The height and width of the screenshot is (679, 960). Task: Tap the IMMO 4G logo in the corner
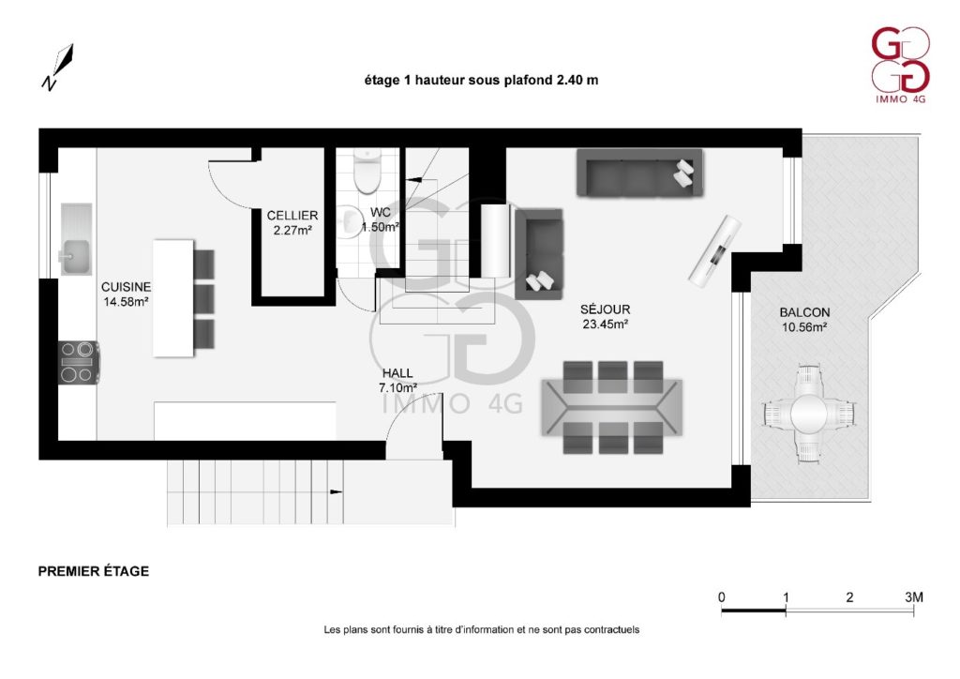click(x=900, y=65)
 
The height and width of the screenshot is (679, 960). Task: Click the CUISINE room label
click(x=127, y=287)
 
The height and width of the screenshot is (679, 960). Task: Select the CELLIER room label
click(x=292, y=216)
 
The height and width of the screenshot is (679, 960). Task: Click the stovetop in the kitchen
click(x=79, y=362)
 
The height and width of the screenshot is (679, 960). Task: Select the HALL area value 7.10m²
click(x=397, y=387)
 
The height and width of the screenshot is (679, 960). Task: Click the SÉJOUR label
click(x=605, y=309)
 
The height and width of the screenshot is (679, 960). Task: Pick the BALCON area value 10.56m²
click(x=804, y=327)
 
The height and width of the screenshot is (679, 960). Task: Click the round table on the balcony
click(x=809, y=414)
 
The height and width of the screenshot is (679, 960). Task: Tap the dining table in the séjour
click(x=611, y=407)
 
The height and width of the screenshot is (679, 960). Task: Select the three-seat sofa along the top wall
click(x=639, y=173)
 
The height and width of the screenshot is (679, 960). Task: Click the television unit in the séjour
click(x=714, y=249)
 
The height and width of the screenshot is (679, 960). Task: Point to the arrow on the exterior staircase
click(x=337, y=491)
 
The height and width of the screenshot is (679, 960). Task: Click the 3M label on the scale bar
click(x=914, y=597)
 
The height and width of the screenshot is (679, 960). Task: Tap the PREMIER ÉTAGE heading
click(x=94, y=571)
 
